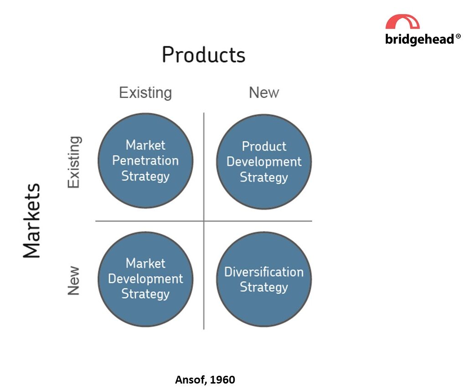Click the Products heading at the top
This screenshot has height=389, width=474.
click(x=203, y=55)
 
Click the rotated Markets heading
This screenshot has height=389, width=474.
click(x=32, y=221)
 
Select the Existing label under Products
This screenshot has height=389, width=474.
click(x=145, y=93)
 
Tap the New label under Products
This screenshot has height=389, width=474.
click(x=264, y=93)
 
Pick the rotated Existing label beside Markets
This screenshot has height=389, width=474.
click(x=74, y=161)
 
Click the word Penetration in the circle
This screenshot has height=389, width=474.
click(x=145, y=161)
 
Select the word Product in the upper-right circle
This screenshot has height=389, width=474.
click(x=264, y=146)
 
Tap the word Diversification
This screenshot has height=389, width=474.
click(x=264, y=272)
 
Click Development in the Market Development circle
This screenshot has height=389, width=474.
click(x=145, y=279)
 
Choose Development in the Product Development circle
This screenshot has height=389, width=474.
click(x=264, y=162)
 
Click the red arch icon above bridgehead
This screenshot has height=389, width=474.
click(x=402, y=22)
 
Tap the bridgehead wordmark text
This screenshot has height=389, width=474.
click(x=420, y=40)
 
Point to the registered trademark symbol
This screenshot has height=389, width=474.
click(x=459, y=36)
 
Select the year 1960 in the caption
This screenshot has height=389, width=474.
click(x=223, y=379)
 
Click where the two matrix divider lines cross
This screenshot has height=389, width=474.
click(x=204, y=221)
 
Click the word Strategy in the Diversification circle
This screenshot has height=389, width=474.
click(x=264, y=287)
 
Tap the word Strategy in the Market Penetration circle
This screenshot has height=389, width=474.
click(x=145, y=176)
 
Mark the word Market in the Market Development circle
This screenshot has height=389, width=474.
click(x=145, y=263)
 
